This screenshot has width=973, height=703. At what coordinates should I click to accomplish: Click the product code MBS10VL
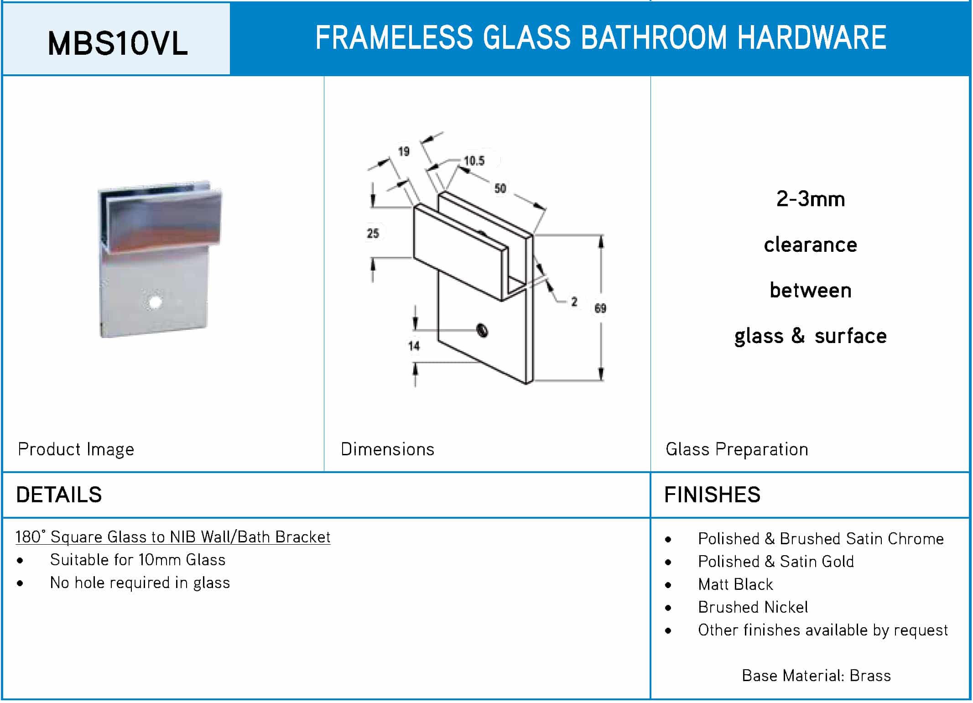click(x=118, y=44)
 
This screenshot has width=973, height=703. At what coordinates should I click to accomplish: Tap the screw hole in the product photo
click(x=155, y=302)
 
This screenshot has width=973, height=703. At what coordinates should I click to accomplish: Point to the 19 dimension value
click(x=404, y=151)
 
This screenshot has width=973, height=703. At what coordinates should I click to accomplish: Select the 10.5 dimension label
click(x=474, y=161)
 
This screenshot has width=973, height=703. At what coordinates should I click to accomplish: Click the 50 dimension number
click(x=500, y=188)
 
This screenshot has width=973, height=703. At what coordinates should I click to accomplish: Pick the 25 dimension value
click(x=373, y=234)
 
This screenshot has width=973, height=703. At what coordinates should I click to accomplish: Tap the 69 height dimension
click(x=600, y=308)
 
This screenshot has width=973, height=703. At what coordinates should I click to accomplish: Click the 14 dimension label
click(x=414, y=346)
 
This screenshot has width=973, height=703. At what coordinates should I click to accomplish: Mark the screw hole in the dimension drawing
click(x=482, y=330)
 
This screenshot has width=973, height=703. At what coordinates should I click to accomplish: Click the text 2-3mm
click(x=811, y=199)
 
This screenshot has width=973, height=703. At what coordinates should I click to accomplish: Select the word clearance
click(x=811, y=245)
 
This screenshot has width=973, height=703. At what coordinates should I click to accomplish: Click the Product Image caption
click(x=76, y=450)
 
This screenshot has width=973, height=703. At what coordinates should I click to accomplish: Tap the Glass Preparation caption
click(x=737, y=450)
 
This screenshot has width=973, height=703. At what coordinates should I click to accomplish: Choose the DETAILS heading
click(x=59, y=495)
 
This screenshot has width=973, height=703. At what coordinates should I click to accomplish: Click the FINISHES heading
click(x=713, y=495)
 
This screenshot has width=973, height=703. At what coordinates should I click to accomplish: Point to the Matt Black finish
click(x=735, y=584)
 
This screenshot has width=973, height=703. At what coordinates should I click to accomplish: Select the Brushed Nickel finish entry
click(x=753, y=607)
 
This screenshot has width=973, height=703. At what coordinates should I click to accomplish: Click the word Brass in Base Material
click(x=870, y=676)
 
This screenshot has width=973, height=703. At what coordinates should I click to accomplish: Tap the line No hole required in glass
click(x=140, y=583)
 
